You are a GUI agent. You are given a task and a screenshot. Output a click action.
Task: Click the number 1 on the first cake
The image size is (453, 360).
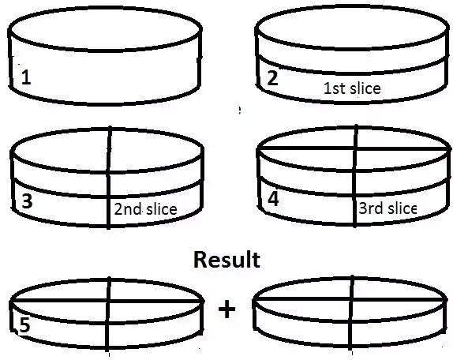(26, 77)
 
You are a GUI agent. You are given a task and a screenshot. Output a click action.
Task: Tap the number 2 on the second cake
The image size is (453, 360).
(273, 78)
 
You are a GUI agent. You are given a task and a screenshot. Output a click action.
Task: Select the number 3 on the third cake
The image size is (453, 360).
(27, 201)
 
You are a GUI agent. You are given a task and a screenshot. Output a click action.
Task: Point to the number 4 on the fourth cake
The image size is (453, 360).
(273, 199)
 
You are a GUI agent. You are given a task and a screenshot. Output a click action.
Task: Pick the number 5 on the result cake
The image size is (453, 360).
(24, 324)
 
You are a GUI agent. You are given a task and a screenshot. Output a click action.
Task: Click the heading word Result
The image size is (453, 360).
(226, 260)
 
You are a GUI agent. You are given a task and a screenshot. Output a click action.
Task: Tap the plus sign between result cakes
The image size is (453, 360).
(227, 309)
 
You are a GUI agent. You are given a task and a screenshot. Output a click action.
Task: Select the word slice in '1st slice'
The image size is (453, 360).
(365, 88)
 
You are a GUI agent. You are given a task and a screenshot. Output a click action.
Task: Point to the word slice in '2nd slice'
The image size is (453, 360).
(161, 209)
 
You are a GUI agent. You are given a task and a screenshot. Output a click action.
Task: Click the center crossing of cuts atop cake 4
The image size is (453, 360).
(356, 148)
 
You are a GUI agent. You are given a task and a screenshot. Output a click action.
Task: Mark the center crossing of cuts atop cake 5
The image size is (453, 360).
(108, 302)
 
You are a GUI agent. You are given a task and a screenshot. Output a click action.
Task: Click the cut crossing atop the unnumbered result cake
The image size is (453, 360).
(351, 299)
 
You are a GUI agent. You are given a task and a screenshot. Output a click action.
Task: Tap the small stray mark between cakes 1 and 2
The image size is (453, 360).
(239, 110)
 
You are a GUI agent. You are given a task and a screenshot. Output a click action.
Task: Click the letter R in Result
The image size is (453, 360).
(200, 260)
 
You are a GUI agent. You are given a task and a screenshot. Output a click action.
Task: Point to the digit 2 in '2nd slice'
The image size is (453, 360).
(118, 209)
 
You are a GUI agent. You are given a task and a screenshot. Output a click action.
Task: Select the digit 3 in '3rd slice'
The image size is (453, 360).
(362, 208)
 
